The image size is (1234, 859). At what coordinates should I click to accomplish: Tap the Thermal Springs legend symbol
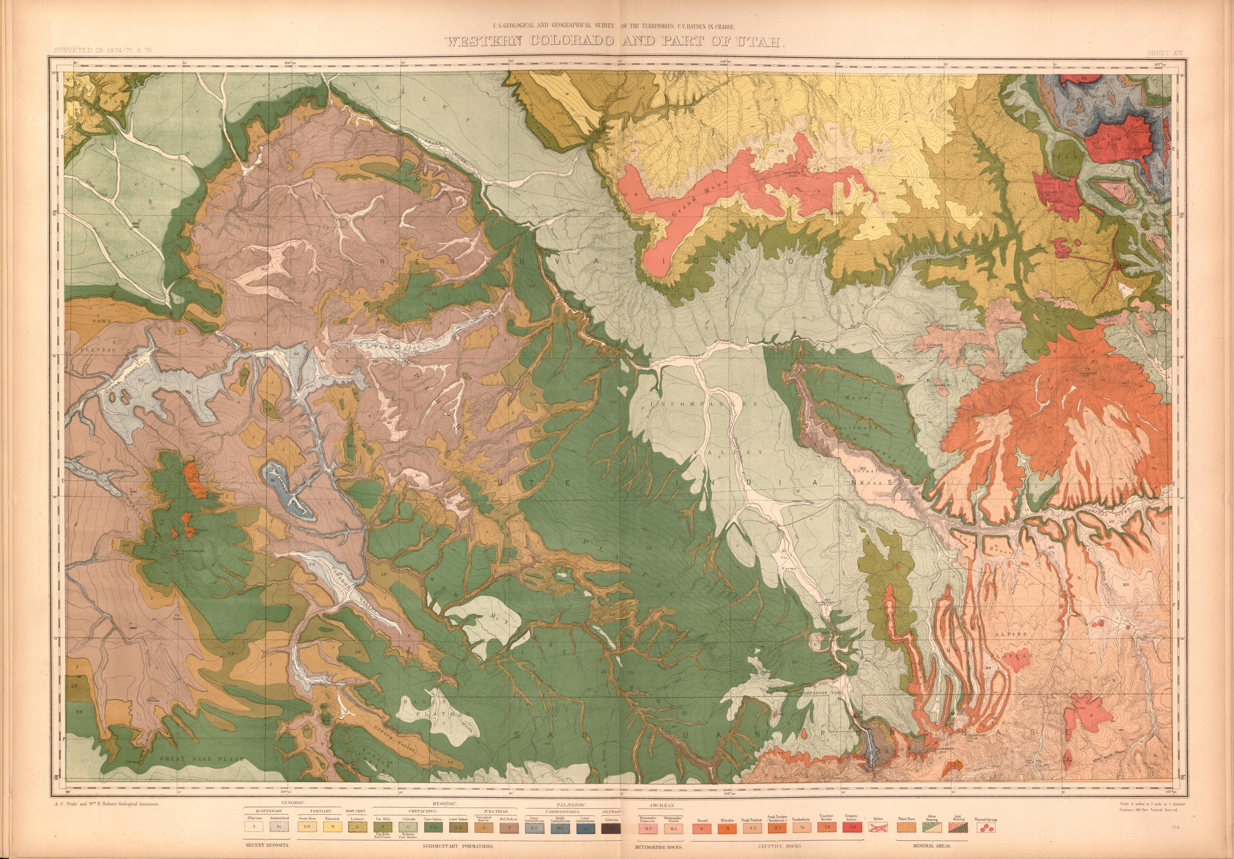[986, 829]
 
